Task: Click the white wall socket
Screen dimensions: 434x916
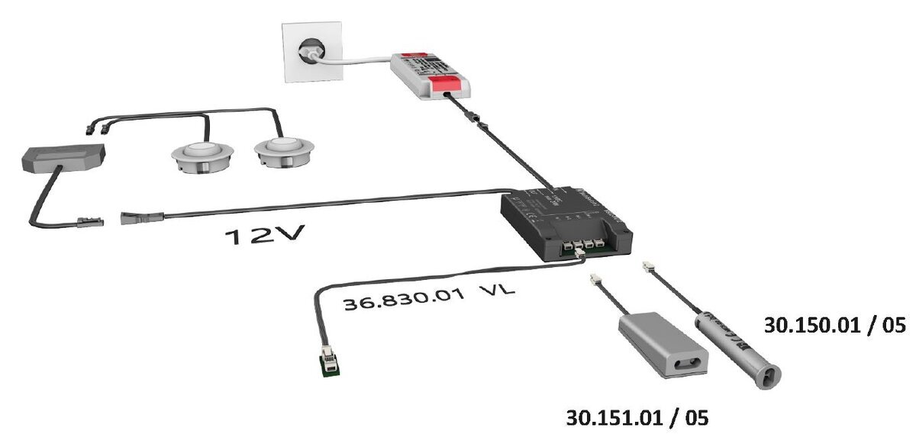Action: pyautogui.click(x=310, y=51)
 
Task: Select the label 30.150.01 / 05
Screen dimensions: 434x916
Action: pyautogui.click(x=834, y=325)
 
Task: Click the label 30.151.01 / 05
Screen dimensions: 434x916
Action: pyautogui.click(x=637, y=417)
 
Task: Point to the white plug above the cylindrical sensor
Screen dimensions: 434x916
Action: pyautogui.click(x=649, y=268)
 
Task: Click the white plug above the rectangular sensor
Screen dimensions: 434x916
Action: pyautogui.click(x=595, y=281)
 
